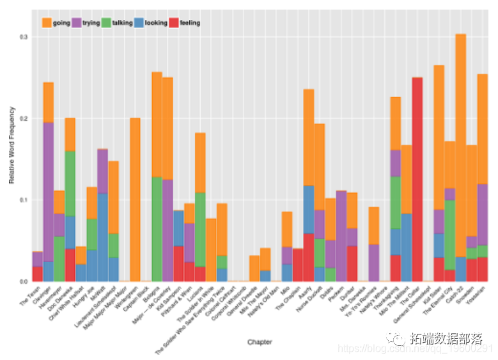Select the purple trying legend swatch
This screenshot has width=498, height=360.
77,23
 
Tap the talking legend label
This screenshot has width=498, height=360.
123,23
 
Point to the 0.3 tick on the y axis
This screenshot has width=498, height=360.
24,37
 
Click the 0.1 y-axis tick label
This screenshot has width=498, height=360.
24,200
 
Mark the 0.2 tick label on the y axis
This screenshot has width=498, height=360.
24,119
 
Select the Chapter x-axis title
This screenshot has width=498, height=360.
260,342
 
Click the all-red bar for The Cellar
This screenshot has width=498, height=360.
417,179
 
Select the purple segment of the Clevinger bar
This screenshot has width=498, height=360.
49,191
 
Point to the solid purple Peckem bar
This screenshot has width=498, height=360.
341,236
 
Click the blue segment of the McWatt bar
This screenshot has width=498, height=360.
102,237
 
